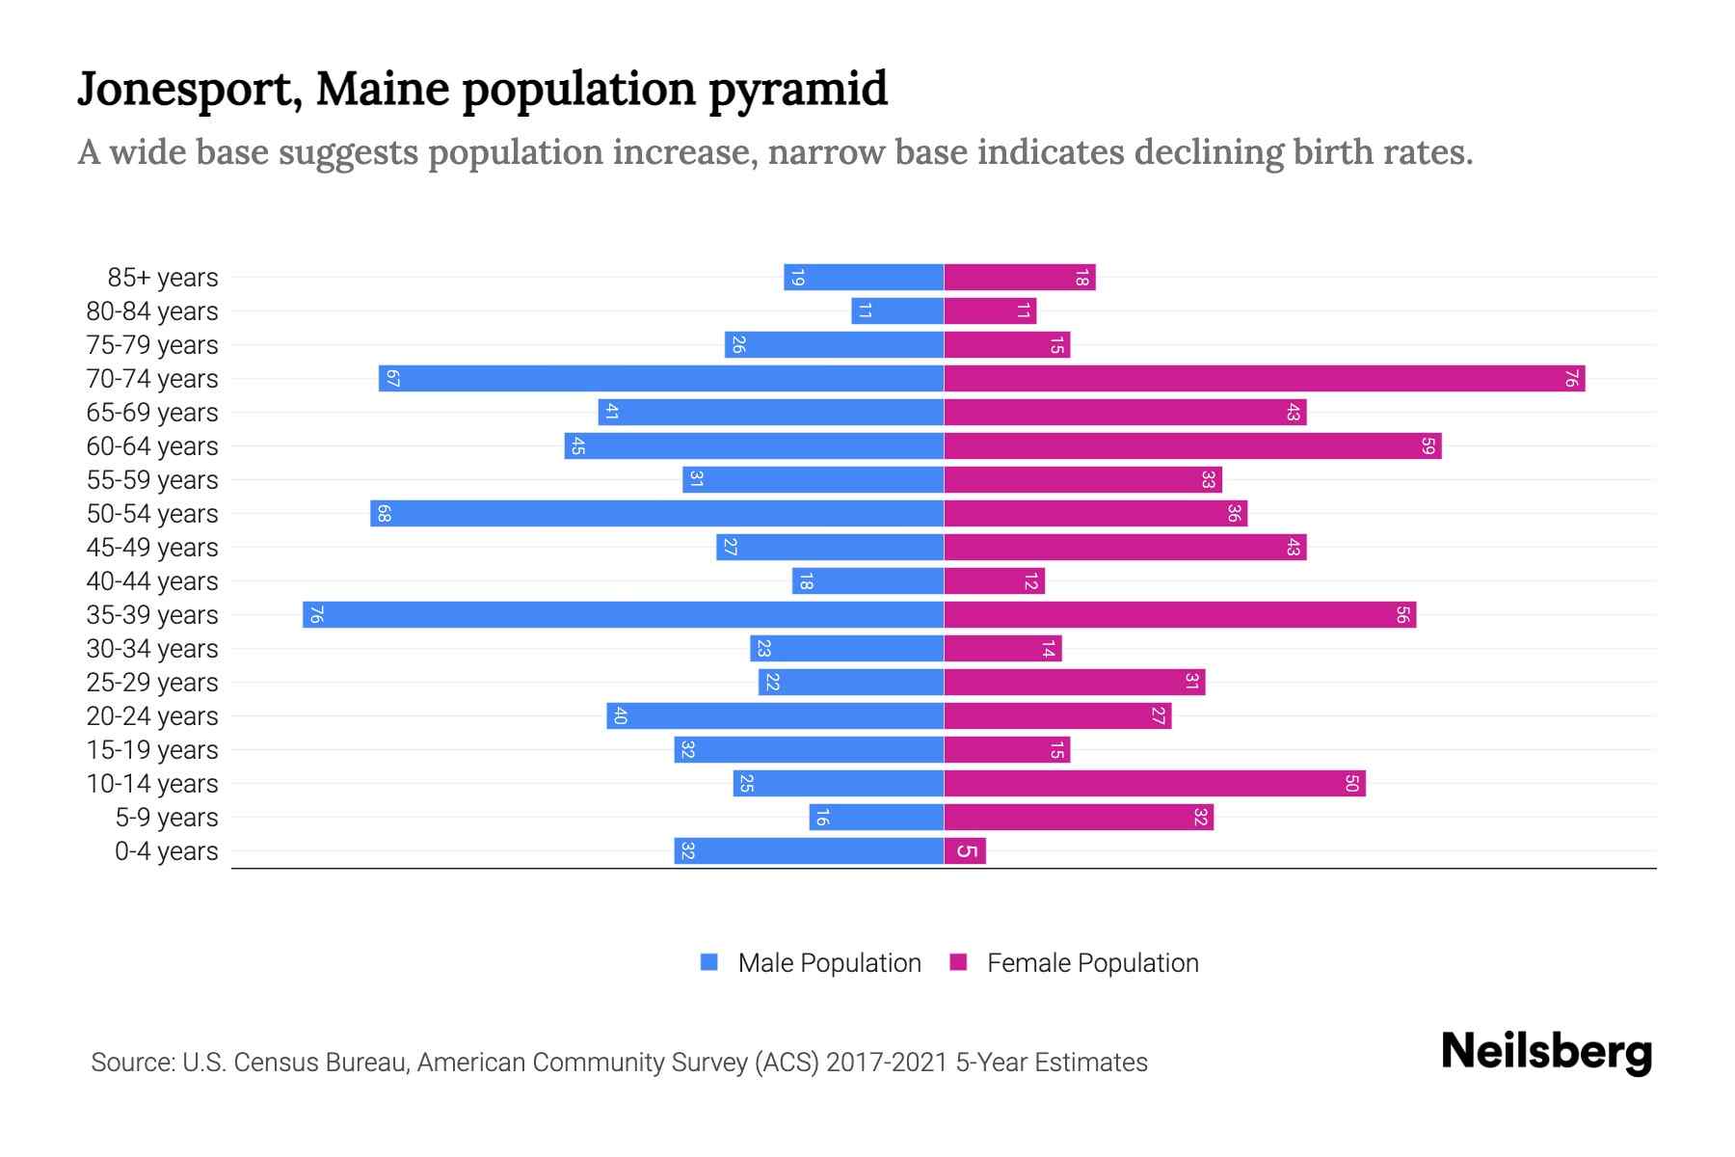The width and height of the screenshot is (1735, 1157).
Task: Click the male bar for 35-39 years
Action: click(x=623, y=615)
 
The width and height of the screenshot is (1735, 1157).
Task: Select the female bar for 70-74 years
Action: click(x=1264, y=379)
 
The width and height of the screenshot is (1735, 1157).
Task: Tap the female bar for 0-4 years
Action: click(x=965, y=851)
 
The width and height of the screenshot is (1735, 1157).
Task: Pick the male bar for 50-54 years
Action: click(x=656, y=514)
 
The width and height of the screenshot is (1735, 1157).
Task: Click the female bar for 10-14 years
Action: click(x=1154, y=784)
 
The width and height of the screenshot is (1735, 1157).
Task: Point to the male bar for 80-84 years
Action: click(x=897, y=311)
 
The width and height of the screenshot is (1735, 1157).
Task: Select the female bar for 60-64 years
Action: click(x=1192, y=446)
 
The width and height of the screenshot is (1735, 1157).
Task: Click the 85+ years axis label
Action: click(x=163, y=278)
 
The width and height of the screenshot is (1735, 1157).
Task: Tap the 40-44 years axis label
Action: click(x=152, y=581)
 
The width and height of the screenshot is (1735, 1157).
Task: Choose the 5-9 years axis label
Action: click(x=167, y=818)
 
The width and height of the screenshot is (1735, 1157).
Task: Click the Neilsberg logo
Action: click(x=1546, y=1052)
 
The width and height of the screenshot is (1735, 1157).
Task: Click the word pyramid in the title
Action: click(x=797, y=90)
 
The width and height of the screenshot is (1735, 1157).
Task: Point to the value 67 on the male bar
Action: click(x=392, y=379)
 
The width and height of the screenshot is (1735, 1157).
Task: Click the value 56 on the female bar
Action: click(x=1402, y=615)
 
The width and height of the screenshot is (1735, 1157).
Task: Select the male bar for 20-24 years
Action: click(x=775, y=716)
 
